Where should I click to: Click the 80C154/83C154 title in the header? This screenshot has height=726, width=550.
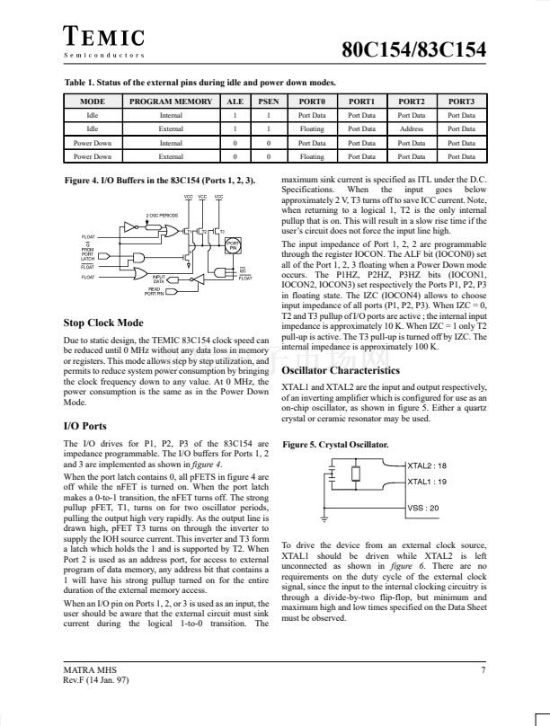[415, 49]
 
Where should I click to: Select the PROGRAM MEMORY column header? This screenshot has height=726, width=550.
[171, 102]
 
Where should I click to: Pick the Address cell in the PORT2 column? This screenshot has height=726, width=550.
[411, 128]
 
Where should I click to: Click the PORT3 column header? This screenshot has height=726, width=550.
[461, 102]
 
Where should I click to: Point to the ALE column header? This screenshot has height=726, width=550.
[235, 102]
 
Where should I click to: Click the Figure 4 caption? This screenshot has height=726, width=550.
[161, 181]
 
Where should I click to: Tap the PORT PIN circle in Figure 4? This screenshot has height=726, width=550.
[233, 246]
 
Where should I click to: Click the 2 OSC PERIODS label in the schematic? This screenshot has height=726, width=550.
[162, 216]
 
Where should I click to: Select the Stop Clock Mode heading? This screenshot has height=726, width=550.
[103, 323]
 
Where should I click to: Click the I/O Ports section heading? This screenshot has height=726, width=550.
[86, 426]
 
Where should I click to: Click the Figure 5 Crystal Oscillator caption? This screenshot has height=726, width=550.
[335, 445]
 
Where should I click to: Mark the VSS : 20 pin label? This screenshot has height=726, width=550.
[422, 508]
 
